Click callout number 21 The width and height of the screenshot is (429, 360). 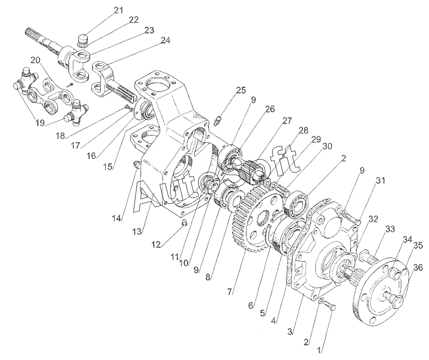[119, 10]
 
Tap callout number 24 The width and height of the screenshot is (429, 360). [165, 40]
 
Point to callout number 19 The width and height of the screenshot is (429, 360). [40, 123]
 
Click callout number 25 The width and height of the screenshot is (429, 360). [241, 90]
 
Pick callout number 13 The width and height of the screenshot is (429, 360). [136, 231]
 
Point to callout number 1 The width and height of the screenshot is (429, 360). [319, 349]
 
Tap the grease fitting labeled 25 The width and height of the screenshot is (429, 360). [217, 121]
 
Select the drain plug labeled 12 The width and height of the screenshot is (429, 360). [184, 222]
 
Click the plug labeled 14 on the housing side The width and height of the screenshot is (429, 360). [136, 165]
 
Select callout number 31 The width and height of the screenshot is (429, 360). [380, 180]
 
